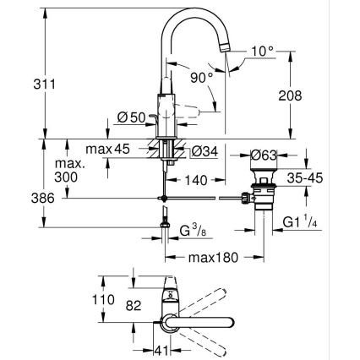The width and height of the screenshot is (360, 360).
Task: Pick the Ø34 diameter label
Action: click(203, 152)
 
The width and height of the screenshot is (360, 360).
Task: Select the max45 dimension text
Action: click(130, 152)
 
